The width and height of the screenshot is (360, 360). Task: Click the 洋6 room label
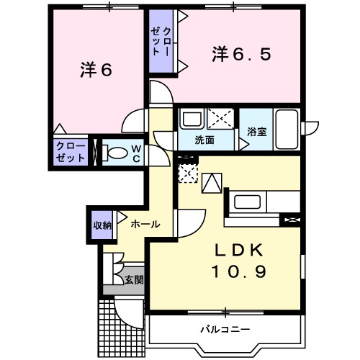96,71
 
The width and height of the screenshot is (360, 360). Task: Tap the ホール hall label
145,225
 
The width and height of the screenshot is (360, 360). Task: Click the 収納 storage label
102,225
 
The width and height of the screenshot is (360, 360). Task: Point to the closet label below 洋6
71,153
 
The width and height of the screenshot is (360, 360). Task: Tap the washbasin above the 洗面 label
190,118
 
